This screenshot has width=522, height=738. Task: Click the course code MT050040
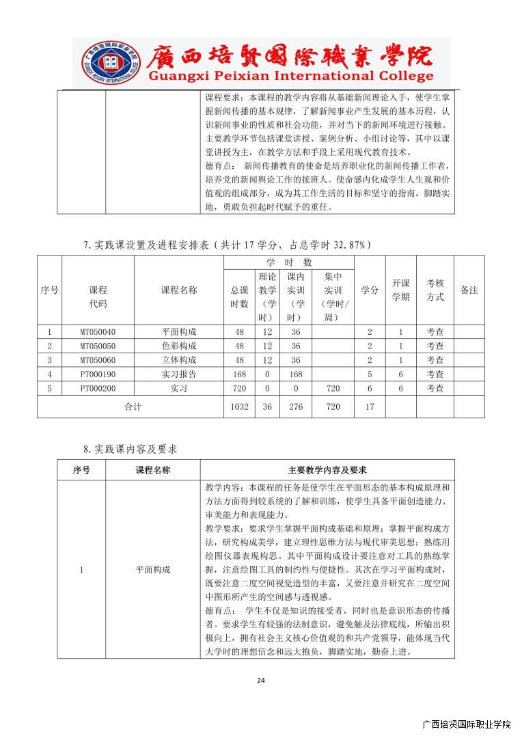(98, 332)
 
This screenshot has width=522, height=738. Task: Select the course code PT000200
(98, 388)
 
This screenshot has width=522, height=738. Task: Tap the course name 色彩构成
(178, 346)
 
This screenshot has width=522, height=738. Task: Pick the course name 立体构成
(178, 360)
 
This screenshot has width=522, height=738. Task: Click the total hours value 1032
(239, 407)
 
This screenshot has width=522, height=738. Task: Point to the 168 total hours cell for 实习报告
(239, 374)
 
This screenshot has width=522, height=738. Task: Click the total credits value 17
(370, 407)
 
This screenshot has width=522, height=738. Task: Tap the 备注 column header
(469, 290)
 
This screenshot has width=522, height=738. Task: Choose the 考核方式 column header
(435, 290)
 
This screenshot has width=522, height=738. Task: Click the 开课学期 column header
(401, 290)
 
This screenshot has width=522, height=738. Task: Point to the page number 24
(260, 680)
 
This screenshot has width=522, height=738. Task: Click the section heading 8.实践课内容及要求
(130, 449)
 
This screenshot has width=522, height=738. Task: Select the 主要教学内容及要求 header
(327, 470)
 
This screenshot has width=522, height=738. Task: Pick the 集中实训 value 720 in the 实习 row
(333, 388)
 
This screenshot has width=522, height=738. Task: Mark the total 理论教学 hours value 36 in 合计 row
(267, 407)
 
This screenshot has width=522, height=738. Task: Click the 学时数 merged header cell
(288, 262)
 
